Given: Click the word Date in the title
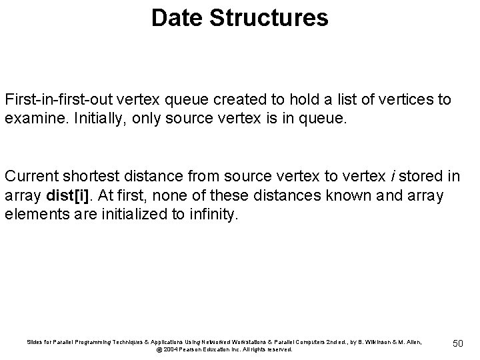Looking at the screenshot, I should click(x=175, y=18).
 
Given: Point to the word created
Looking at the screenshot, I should click(x=233, y=100).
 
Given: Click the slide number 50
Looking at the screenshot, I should click(x=457, y=343).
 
